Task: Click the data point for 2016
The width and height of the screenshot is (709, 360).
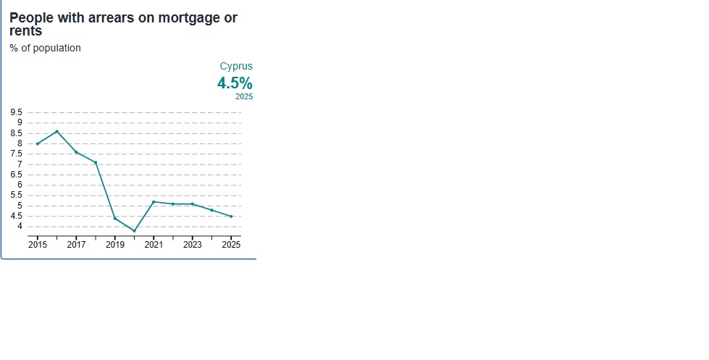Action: point(57,132)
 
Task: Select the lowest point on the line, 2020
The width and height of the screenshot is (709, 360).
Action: point(134,231)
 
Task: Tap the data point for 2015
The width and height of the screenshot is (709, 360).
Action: point(38,144)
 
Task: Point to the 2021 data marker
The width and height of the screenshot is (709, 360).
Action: point(154,201)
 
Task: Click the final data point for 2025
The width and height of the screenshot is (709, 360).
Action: point(231,217)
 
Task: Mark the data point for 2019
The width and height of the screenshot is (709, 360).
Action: point(115,219)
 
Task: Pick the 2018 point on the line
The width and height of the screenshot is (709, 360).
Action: point(96,163)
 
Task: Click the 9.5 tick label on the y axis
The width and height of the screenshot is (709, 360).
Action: point(16,112)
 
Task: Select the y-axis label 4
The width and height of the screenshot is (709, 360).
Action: point(20,226)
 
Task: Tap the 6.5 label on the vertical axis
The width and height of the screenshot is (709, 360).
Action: point(16,175)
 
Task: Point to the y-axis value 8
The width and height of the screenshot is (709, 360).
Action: point(20,143)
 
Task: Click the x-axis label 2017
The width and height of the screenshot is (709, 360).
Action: point(77,245)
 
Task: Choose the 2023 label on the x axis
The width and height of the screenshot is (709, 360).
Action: point(193,245)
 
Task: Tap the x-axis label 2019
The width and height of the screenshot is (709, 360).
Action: point(115,245)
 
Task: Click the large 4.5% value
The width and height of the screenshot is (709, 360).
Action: point(235,83)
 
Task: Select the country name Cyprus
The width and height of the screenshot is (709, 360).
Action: point(236,66)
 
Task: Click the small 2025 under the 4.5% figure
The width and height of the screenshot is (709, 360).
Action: point(244,97)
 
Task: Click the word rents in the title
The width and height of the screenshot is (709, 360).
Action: point(26,31)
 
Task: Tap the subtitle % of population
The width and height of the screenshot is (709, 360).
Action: point(45,48)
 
